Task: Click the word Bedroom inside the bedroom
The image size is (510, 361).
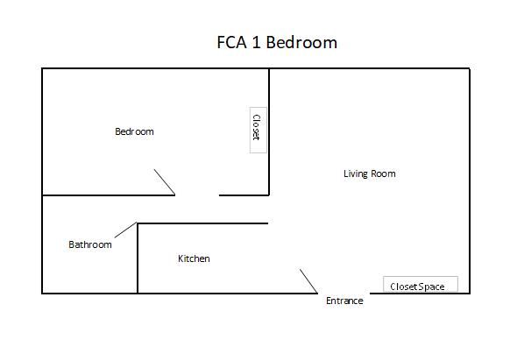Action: tap(134, 131)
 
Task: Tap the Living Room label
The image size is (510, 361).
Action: tap(370, 173)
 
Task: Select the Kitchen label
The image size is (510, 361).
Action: tap(194, 258)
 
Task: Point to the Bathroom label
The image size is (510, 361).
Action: tap(90, 244)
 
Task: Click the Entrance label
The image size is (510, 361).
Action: tap(344, 301)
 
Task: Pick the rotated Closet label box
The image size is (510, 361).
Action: tap(259, 130)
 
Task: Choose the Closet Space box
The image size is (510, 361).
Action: tap(421, 285)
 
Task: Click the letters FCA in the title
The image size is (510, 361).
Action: tap(231, 42)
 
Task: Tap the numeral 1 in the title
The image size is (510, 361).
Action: tap(256, 42)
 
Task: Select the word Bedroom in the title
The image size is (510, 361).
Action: tap(301, 42)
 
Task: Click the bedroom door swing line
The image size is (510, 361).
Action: tap(165, 182)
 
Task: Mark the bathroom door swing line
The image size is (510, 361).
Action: tap(125, 230)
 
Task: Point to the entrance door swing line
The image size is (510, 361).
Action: tap(308, 281)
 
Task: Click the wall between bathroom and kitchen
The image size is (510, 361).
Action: tap(138, 258)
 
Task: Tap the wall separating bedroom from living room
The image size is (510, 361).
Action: tap(269, 131)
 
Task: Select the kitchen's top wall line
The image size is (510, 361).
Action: tap(202, 223)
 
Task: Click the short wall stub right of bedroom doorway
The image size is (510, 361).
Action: tap(244, 195)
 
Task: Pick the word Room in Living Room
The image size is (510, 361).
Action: tap(383, 173)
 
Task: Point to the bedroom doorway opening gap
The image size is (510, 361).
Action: tap(197, 195)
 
